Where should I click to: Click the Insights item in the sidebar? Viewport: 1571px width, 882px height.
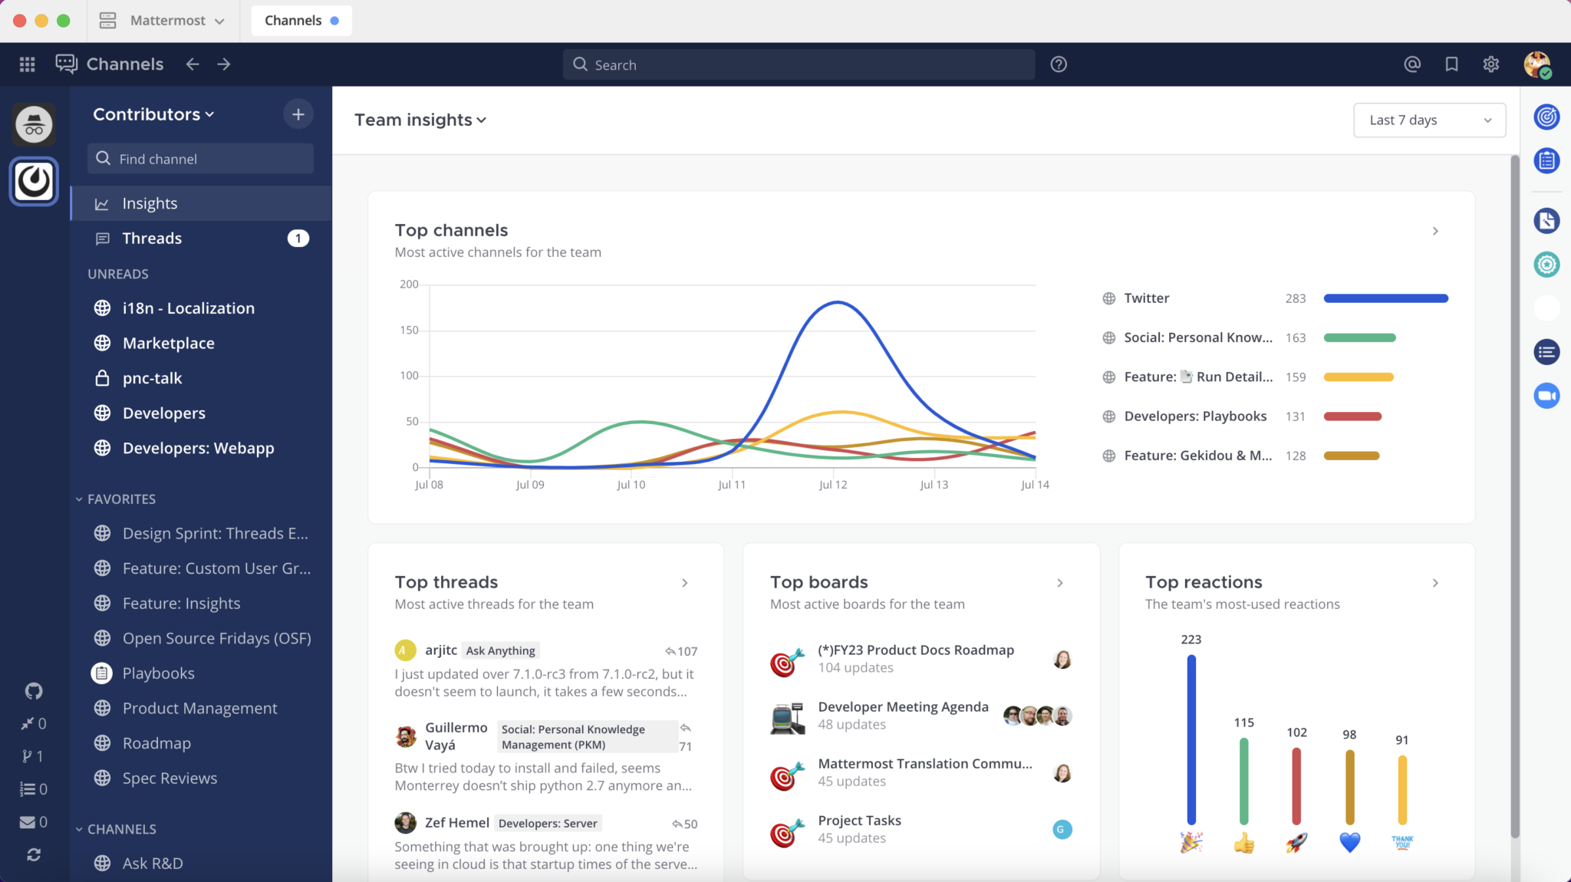click(x=150, y=203)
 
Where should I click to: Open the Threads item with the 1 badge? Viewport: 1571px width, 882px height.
click(x=152, y=239)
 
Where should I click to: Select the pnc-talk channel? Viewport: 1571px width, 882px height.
click(x=152, y=378)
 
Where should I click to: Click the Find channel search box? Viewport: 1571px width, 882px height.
click(x=201, y=159)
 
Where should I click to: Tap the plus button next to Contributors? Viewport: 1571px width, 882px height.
click(x=298, y=114)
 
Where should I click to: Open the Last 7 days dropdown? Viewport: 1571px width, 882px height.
click(x=1429, y=120)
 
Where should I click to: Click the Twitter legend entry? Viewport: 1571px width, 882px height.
click(x=1146, y=298)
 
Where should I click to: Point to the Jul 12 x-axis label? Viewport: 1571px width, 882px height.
click(x=833, y=485)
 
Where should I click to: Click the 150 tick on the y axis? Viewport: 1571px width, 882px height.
click(x=409, y=331)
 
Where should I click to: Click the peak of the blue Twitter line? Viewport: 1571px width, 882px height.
click(x=836, y=302)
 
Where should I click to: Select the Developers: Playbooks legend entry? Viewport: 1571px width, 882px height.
click(x=1194, y=416)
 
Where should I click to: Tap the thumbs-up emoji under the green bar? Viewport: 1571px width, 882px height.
click(x=1243, y=844)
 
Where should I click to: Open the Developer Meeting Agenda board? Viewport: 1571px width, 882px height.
click(x=903, y=707)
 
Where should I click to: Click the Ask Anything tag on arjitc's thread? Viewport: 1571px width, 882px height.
click(x=500, y=651)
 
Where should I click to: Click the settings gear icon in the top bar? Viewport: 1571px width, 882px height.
click(x=1490, y=64)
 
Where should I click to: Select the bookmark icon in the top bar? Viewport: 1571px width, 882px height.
click(x=1451, y=64)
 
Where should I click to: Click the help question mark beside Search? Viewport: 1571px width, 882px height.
click(x=1059, y=64)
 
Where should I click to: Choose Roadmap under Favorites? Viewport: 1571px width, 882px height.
click(x=156, y=743)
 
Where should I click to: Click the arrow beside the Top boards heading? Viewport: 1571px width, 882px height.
click(x=1060, y=583)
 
